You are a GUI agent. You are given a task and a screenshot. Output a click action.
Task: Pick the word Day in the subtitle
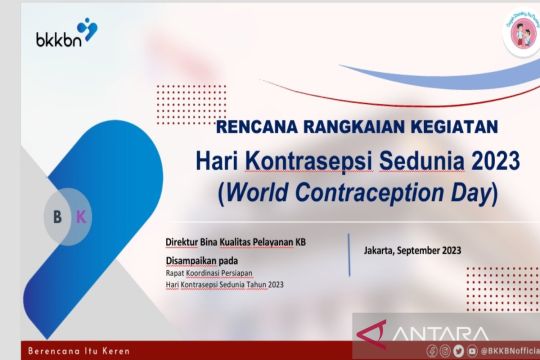(465, 192)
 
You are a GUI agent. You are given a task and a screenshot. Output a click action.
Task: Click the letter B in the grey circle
(57, 216)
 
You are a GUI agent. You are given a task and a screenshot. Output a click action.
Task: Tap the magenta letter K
(81, 216)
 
